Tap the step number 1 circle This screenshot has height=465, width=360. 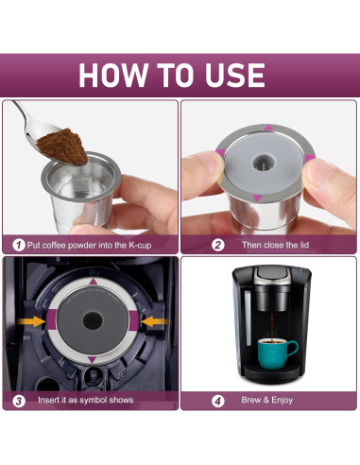(18, 245)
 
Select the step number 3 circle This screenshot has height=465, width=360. (18, 400)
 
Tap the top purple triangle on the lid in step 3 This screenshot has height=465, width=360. (92, 282)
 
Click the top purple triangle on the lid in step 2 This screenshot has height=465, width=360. (267, 128)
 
